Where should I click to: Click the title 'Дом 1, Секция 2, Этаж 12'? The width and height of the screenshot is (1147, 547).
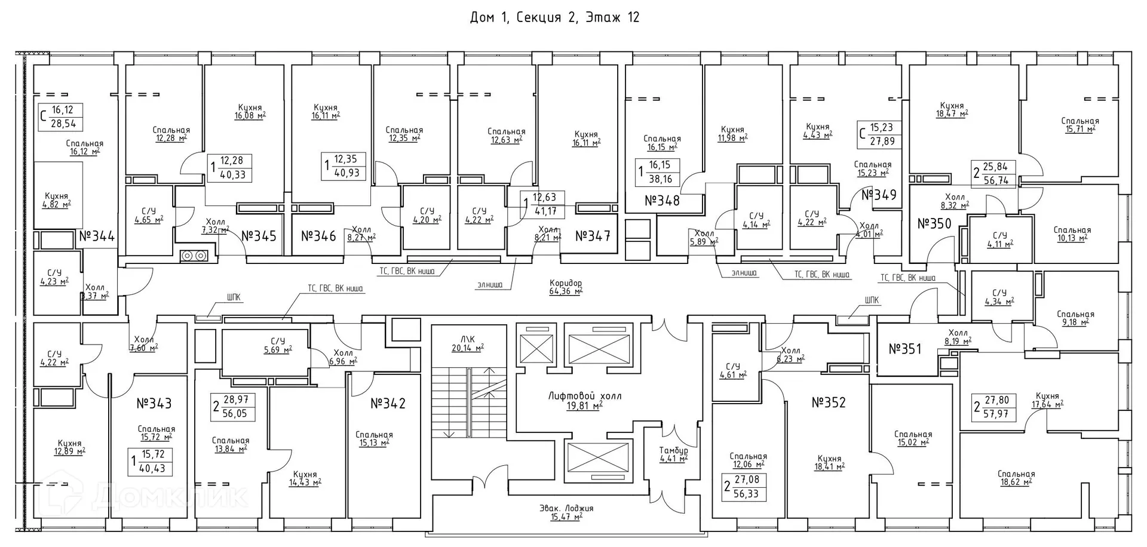554,17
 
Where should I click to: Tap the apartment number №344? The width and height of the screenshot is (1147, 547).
97,236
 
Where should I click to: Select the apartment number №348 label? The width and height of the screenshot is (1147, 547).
662,201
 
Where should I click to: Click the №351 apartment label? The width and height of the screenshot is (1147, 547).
905,349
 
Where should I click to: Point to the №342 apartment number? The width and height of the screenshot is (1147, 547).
388,404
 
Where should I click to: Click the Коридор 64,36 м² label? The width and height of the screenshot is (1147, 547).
565,287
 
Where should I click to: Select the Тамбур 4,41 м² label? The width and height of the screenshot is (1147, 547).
673,454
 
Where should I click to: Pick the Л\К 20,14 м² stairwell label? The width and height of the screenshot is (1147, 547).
467,343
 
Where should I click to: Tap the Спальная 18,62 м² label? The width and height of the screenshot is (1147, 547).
1016,478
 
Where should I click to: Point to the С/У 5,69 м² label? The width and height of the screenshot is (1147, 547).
277,345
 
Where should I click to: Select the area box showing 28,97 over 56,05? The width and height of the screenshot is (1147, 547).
234,407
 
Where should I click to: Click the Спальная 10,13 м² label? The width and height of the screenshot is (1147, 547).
1072,233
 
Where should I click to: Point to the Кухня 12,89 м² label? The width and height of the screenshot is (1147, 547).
70,447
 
